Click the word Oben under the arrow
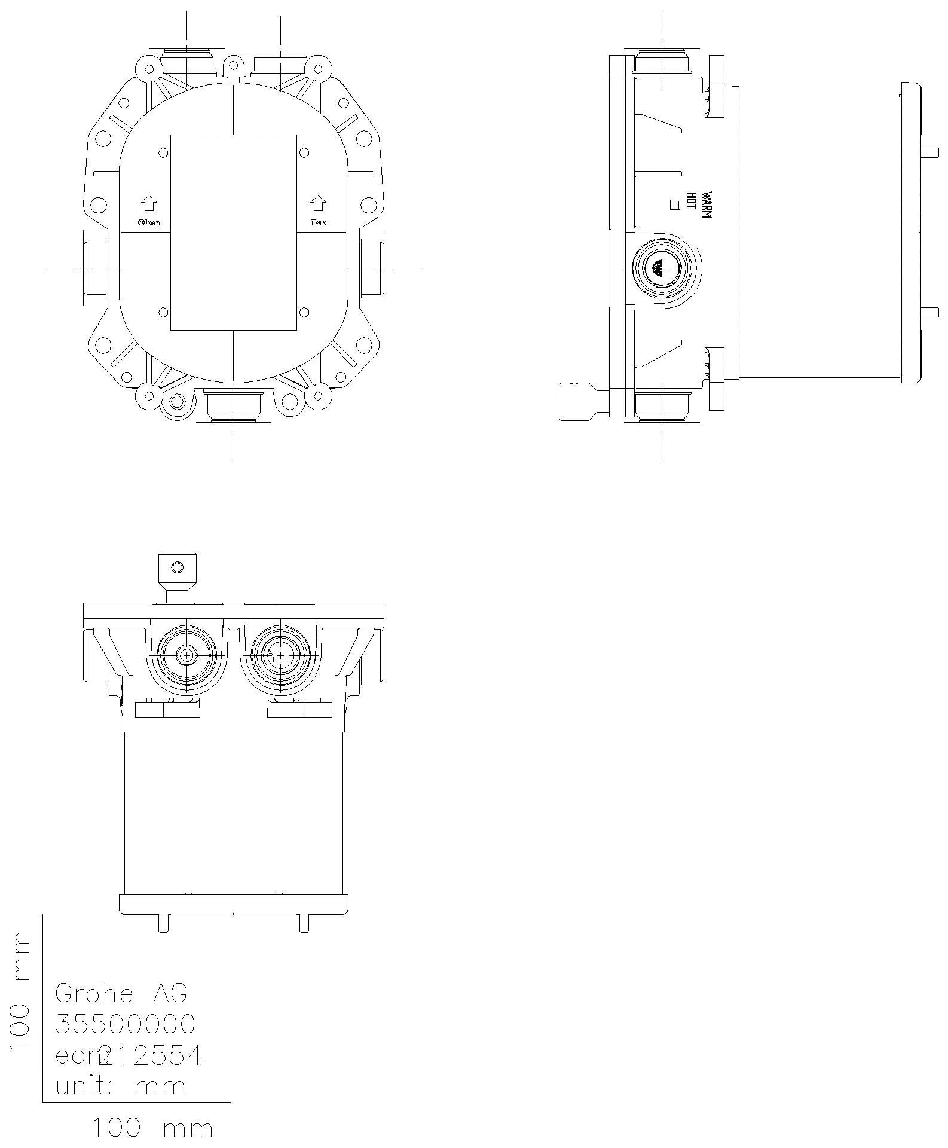point(149,222)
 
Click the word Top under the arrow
point(318,222)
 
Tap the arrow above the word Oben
point(149,204)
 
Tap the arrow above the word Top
point(318,204)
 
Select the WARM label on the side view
point(707,205)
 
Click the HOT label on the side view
point(691,201)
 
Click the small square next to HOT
point(675,204)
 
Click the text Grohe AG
point(121,993)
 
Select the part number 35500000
point(125,1024)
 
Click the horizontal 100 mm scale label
point(152,1128)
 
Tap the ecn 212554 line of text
point(129,1055)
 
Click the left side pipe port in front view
point(94,268)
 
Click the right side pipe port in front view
point(372,268)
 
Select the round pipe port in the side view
point(662,268)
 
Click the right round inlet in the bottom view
point(281,655)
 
